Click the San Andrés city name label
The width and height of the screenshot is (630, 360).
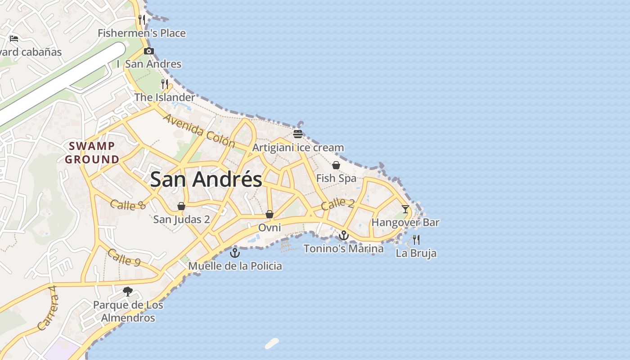[206, 180]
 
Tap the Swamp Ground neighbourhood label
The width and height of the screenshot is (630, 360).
[92, 153]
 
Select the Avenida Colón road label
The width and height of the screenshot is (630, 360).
[199, 130]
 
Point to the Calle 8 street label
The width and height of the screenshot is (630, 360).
[128, 205]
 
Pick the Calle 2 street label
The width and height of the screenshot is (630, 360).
[337, 204]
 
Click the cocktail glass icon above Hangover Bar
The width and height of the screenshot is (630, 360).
[405, 209]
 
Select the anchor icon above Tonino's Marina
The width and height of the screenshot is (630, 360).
[344, 235]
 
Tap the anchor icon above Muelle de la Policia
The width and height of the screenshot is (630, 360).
[235, 252]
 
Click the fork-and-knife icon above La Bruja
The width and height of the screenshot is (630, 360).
[416, 240]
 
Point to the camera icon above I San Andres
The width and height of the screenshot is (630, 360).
[149, 51]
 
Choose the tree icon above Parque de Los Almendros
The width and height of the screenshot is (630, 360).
[128, 292]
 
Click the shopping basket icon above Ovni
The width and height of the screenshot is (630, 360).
[269, 214]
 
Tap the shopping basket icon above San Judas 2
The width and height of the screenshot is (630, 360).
[181, 206]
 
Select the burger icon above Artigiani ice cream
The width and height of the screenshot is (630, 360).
[297, 134]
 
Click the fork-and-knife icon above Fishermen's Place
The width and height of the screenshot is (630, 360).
[142, 20]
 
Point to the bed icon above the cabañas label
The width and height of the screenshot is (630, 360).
[14, 39]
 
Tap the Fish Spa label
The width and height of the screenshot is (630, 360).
[336, 178]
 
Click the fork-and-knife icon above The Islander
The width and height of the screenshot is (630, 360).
[165, 84]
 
